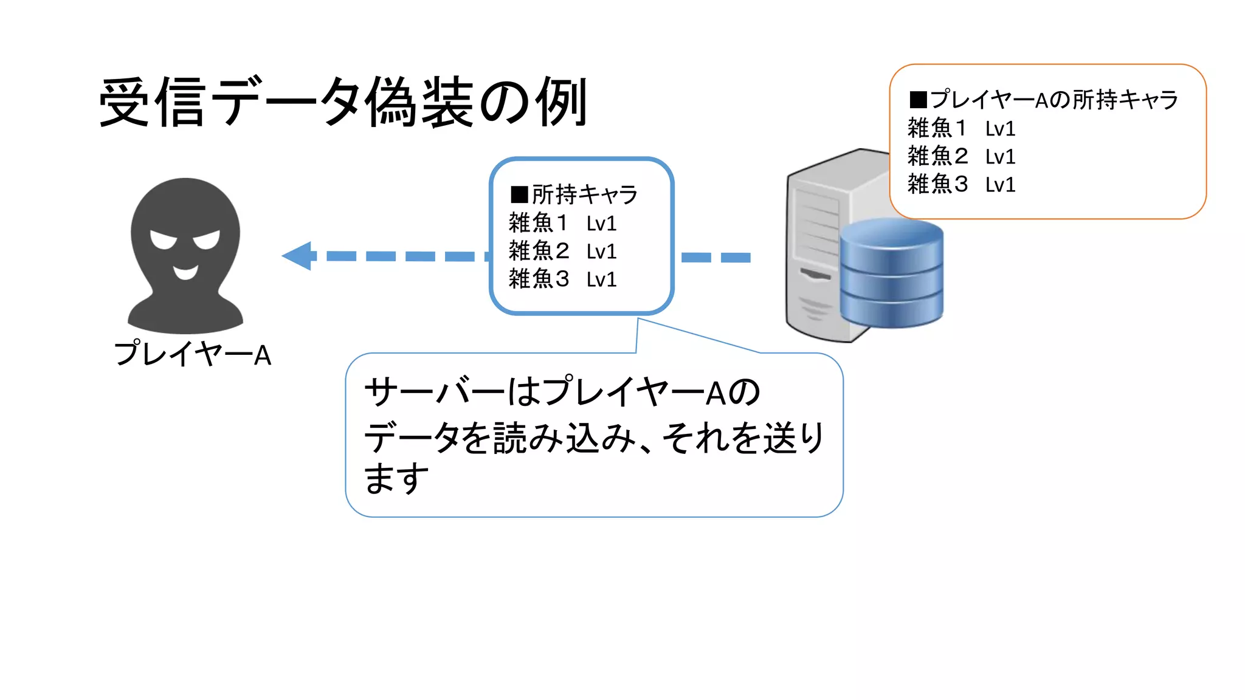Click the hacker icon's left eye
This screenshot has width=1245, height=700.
click(163, 239)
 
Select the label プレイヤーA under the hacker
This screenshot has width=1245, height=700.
click(193, 354)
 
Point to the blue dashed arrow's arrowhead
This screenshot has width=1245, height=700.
click(298, 256)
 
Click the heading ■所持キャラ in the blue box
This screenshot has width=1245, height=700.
click(574, 194)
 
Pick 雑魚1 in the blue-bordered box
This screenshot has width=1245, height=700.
click(538, 223)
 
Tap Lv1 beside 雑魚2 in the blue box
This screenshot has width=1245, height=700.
click(601, 252)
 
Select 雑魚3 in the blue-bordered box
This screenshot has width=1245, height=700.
click(538, 279)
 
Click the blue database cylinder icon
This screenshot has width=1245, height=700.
click(891, 273)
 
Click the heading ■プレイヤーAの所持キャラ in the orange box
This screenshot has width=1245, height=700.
click(1043, 100)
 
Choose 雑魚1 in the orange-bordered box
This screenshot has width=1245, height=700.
click(937, 128)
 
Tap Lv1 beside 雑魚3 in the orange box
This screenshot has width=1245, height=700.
click(1000, 185)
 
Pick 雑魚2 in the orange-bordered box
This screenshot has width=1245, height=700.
click(937, 156)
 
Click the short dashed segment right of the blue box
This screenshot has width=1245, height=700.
click(716, 258)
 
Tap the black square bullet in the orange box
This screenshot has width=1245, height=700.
click(918, 100)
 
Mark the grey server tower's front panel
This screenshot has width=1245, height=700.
click(814, 255)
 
